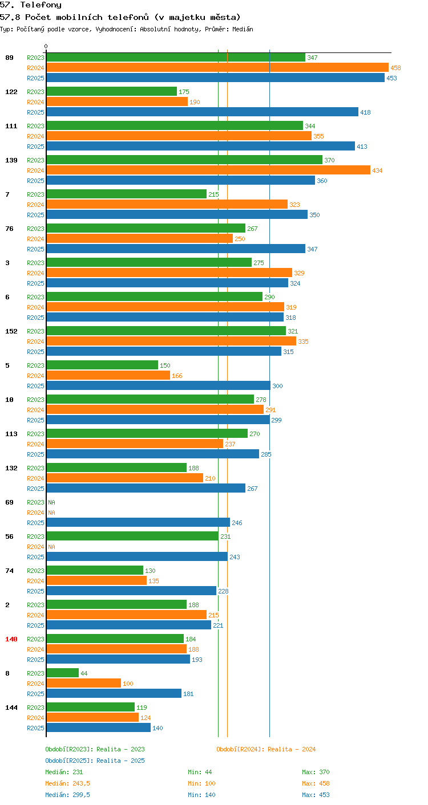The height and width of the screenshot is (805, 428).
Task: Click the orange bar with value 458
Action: click(x=217, y=68)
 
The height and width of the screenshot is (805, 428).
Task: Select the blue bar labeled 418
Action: click(x=203, y=112)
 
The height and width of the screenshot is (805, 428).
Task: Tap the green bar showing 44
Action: click(x=63, y=673)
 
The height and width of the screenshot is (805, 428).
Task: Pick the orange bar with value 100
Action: click(x=84, y=683)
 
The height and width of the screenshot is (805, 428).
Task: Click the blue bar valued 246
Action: click(x=138, y=523)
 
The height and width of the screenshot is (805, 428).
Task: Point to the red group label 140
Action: click(x=11, y=639)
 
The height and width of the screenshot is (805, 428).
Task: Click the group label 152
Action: click(x=11, y=331)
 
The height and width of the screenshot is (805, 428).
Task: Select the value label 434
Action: click(x=377, y=170)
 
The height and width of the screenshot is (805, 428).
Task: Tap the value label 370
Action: click(x=329, y=160)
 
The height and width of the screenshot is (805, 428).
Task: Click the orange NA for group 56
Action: click(x=52, y=547)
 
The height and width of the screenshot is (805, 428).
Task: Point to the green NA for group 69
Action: click(x=52, y=502)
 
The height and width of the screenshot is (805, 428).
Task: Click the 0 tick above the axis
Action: click(x=46, y=46)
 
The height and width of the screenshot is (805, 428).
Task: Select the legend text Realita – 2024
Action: click(x=292, y=749)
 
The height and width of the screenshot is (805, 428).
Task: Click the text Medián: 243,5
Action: click(x=67, y=783)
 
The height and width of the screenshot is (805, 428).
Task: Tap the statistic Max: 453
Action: click(x=316, y=795)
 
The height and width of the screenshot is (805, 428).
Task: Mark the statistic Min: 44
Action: click(x=200, y=772)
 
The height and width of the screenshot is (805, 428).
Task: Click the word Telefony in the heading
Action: click(x=41, y=5)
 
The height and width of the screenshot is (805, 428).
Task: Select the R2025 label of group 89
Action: click(x=35, y=78)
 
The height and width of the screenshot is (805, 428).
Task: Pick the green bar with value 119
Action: click(x=91, y=707)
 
